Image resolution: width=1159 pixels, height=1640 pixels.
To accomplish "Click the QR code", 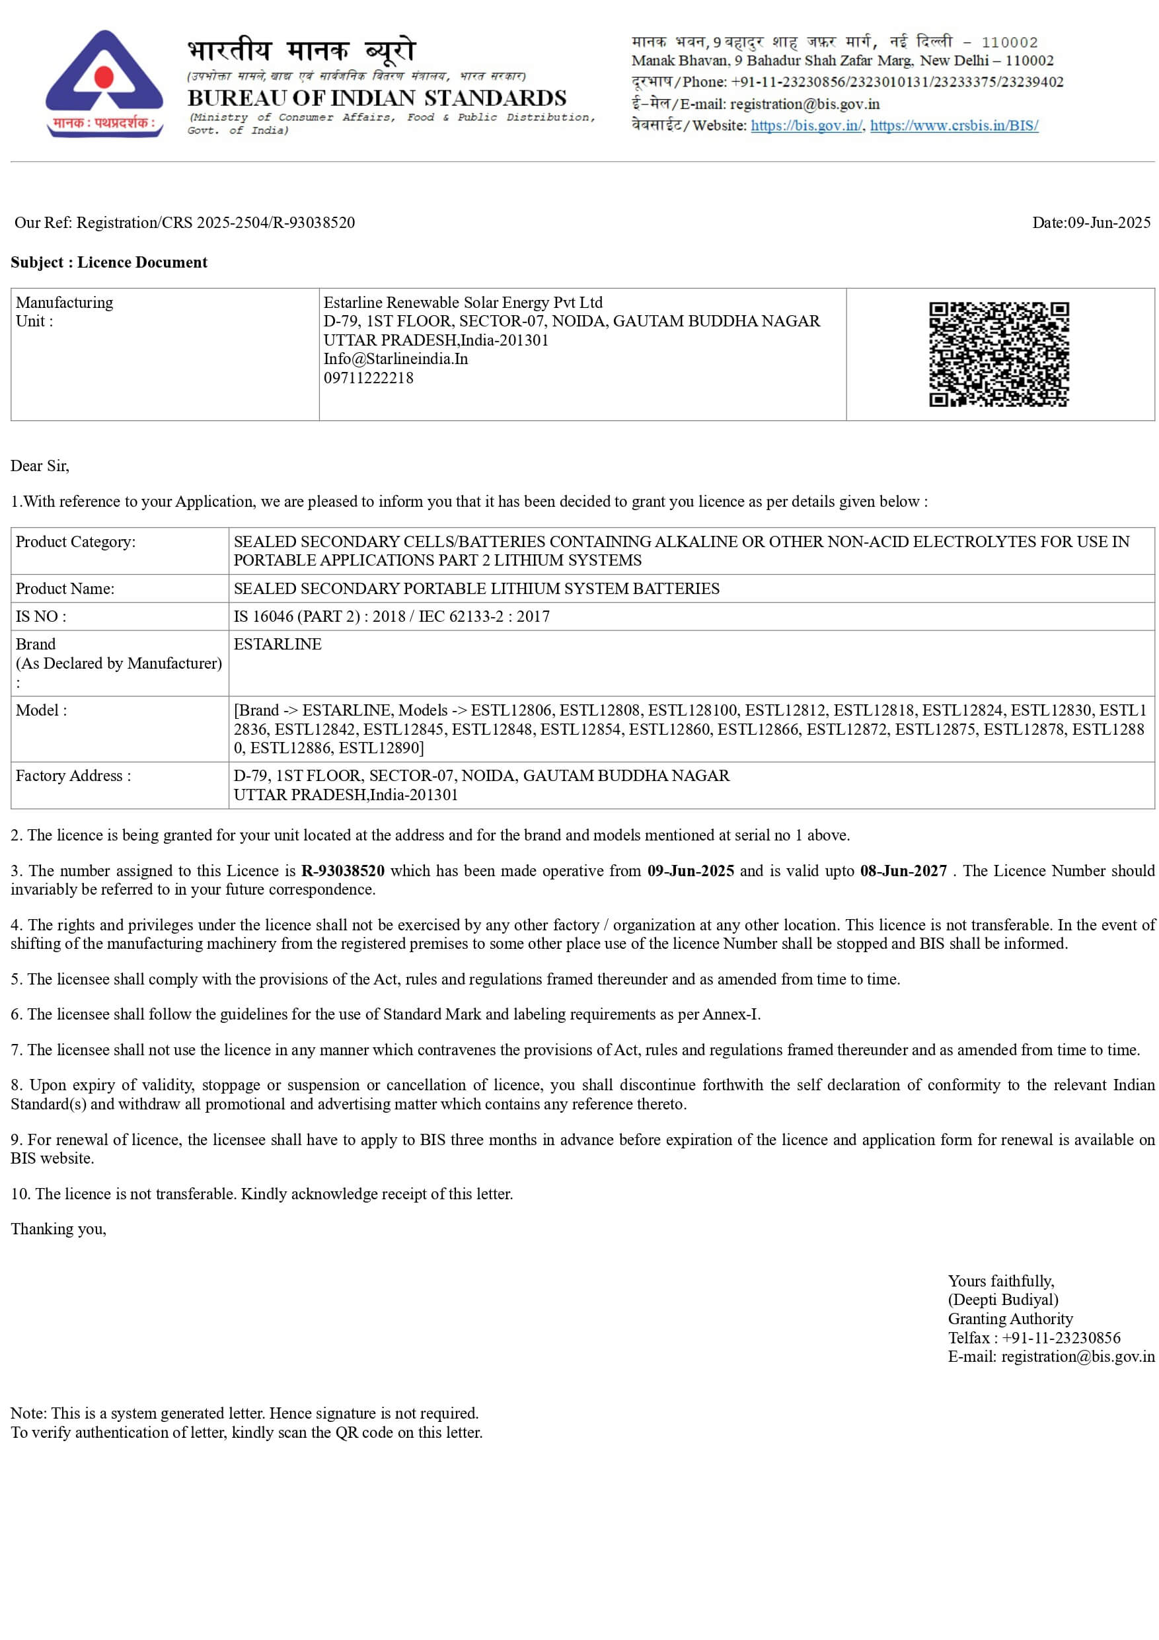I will point(998,354).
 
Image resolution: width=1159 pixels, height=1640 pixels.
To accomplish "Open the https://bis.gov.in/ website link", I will point(806,126).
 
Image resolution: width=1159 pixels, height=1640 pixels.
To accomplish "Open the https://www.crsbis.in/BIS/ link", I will point(954,126).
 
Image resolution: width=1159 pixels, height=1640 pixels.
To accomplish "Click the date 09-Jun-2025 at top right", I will point(1108,223).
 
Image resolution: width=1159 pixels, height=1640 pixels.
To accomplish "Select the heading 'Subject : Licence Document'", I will point(108,262).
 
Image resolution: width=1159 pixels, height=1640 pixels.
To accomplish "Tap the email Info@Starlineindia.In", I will point(396,359).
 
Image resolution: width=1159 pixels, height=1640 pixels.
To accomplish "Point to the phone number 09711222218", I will point(369,378).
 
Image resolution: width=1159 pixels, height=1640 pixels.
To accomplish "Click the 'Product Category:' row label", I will point(75,541).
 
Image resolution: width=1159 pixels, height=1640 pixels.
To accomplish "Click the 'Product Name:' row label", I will point(65,589).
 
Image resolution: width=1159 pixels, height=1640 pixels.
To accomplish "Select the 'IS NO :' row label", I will point(41,616).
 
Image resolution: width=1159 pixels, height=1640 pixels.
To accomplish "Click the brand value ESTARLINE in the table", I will point(277,644).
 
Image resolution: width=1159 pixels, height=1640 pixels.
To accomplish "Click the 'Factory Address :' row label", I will point(73,776).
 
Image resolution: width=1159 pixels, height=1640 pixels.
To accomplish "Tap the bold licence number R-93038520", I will point(343,871).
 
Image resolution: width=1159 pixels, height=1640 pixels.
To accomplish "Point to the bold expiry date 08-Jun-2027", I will point(903,871).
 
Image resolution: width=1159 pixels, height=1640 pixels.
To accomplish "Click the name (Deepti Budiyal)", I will point(1002,1299).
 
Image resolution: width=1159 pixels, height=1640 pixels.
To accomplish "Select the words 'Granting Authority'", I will point(1010,1319).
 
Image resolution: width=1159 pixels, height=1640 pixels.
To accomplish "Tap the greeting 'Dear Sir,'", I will point(40,466).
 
